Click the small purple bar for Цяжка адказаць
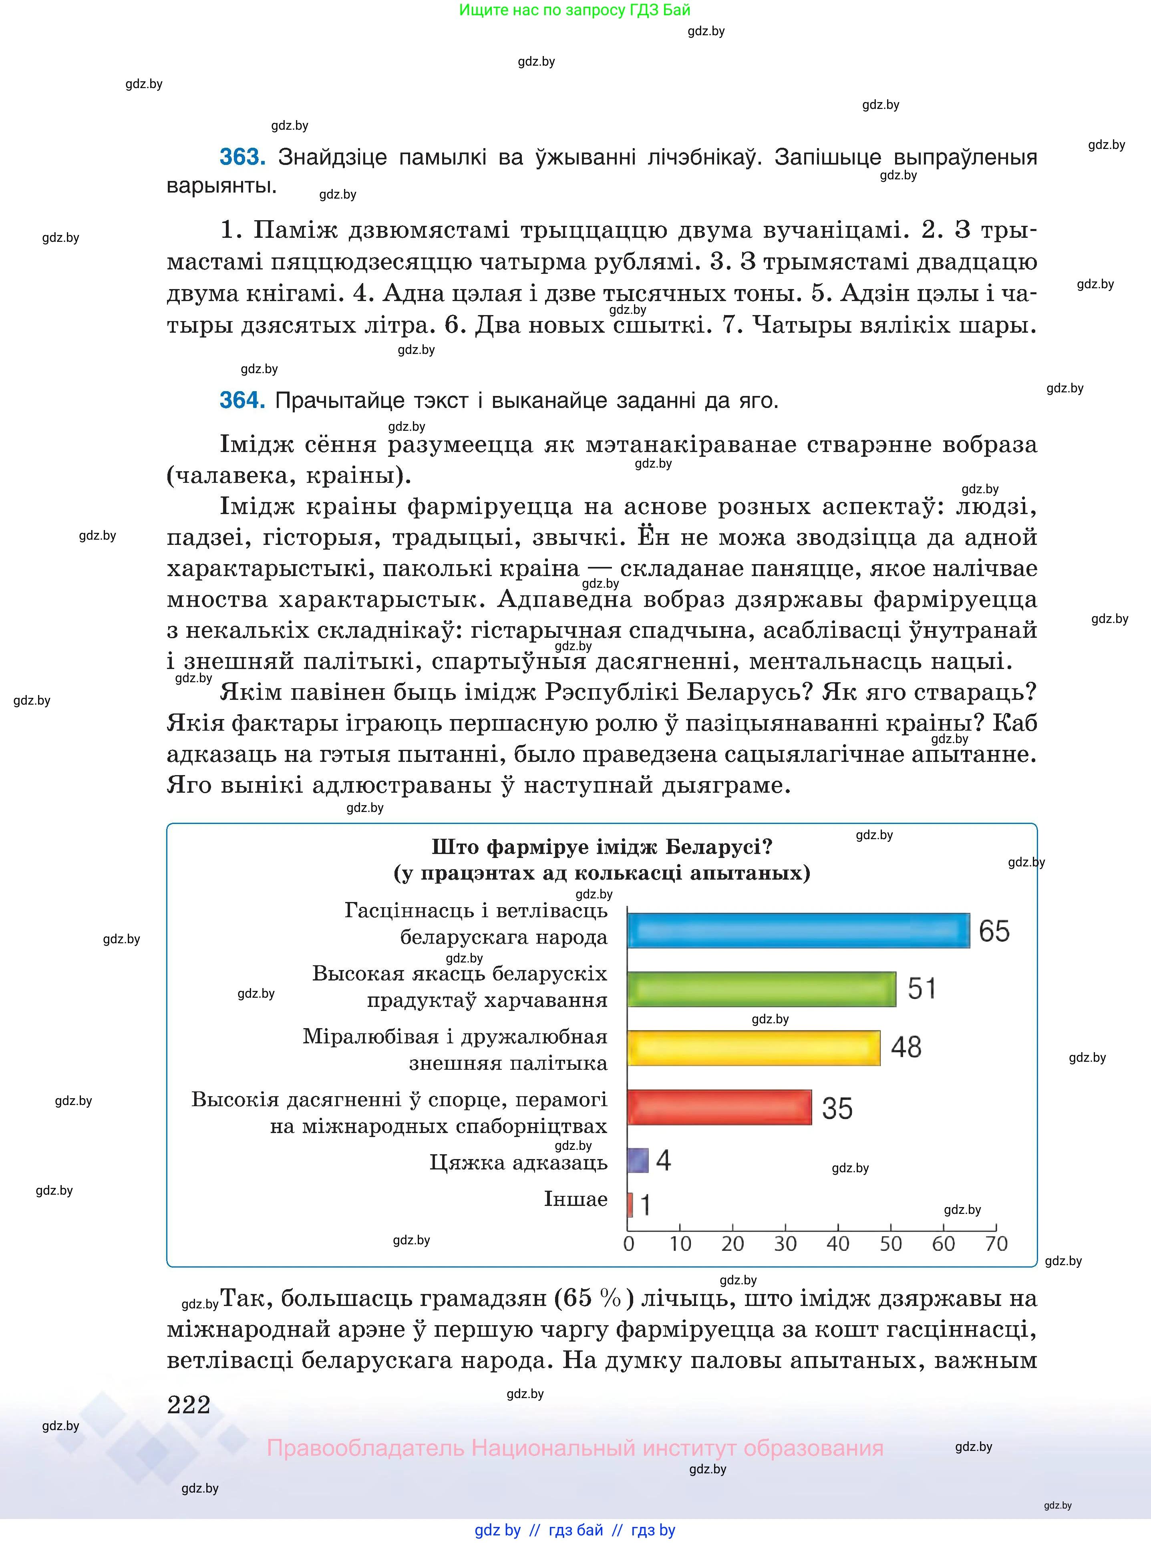(x=638, y=1161)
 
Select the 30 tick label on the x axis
(x=785, y=1244)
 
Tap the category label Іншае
(x=575, y=1199)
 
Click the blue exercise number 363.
(x=242, y=157)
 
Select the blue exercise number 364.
(x=242, y=400)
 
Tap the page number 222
(x=189, y=1404)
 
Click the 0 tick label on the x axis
(x=628, y=1244)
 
